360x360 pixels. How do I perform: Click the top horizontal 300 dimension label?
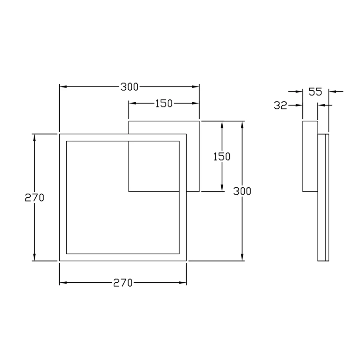129,87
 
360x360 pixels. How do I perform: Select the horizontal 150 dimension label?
164,103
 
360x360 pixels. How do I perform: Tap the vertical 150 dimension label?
222,156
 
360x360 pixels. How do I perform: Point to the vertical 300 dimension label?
242,191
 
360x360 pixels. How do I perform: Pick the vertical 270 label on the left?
34,198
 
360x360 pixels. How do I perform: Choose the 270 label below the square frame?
123,283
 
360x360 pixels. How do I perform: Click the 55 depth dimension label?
315,91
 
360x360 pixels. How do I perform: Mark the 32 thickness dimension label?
280,105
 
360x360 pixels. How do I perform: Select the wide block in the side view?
310,156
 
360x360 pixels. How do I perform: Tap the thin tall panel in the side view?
323,197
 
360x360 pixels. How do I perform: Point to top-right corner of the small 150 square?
199,121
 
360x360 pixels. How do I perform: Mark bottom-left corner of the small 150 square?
129,191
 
